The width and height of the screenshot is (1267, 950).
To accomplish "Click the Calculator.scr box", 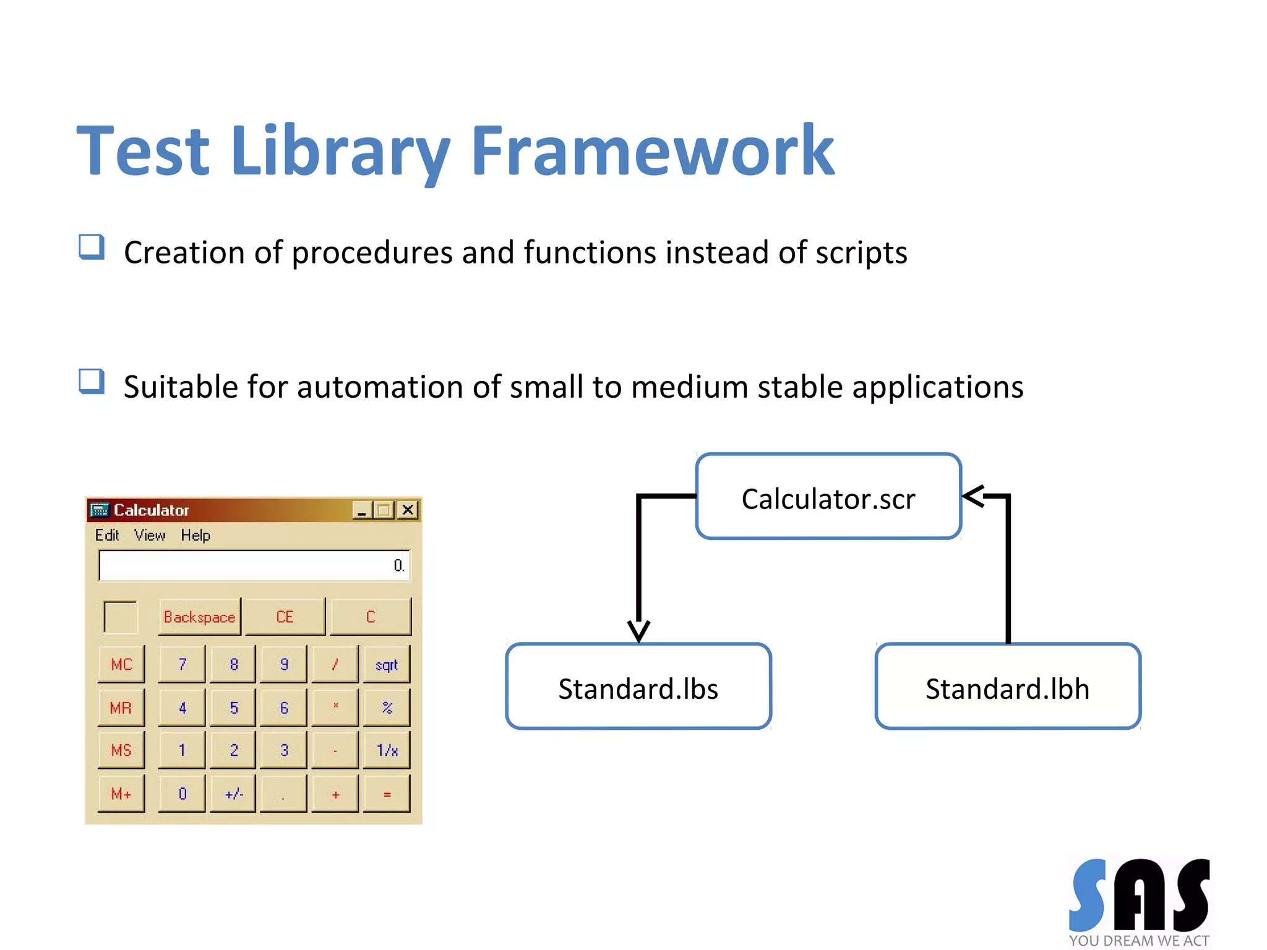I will (x=828, y=497).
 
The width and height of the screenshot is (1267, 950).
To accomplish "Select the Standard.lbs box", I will (x=638, y=687).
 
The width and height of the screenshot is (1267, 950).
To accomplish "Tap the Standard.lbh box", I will (x=1007, y=687).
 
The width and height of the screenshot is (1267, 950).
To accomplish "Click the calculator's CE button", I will (x=285, y=617).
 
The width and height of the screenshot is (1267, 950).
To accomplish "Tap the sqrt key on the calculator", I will (x=386, y=664).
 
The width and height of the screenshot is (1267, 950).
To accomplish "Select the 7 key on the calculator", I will (x=182, y=664).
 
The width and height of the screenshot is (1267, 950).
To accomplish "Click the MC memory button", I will (x=121, y=664).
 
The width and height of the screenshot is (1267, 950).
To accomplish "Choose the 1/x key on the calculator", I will (x=387, y=750).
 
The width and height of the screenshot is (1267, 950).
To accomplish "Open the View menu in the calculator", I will (x=150, y=535).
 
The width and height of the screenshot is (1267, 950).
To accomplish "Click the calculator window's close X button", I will (x=408, y=510).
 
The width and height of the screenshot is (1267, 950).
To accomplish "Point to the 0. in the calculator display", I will (x=398, y=565).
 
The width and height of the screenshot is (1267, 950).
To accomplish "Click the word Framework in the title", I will (x=652, y=152).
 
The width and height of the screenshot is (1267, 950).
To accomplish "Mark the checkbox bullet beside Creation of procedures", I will (x=92, y=247).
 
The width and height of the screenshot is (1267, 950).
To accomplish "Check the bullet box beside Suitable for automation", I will (x=92, y=381).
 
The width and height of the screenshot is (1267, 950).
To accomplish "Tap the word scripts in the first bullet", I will (x=861, y=253).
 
